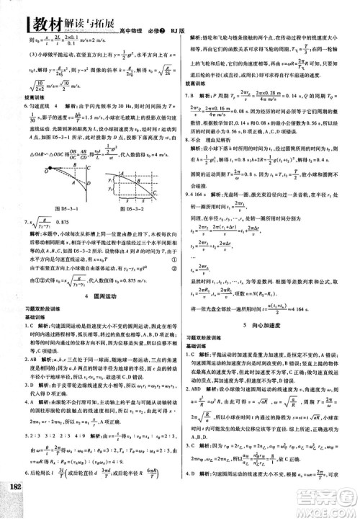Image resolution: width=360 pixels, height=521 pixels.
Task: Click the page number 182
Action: click(x=14, y=505)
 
